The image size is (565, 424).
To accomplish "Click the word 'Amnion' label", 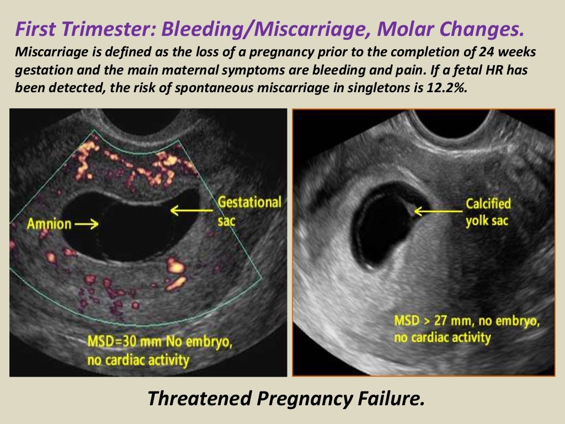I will click(x=49, y=224).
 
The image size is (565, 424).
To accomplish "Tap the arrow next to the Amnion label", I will click(x=87, y=224).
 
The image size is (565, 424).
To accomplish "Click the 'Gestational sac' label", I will click(x=249, y=210).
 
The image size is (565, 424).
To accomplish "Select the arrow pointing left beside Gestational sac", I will click(x=191, y=210).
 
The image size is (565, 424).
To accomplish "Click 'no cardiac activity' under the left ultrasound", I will click(x=138, y=361).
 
